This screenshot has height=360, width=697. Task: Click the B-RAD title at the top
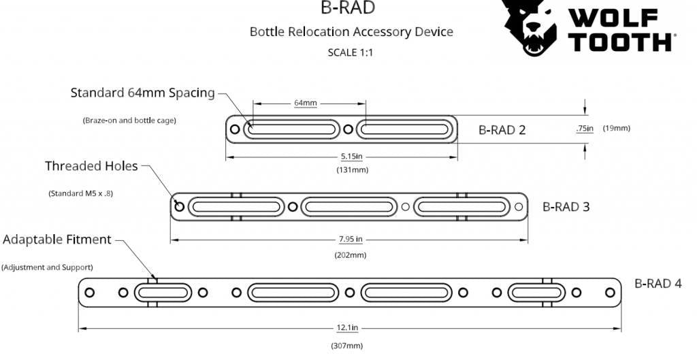(348, 8)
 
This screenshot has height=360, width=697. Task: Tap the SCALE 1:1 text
(351, 52)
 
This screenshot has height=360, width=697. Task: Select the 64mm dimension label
(305, 103)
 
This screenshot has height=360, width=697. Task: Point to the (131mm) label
(352, 169)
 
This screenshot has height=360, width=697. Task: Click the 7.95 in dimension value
(350, 240)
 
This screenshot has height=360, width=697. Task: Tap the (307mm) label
(347, 346)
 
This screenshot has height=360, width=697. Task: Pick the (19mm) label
(617, 128)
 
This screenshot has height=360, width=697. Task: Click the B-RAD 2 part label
(502, 130)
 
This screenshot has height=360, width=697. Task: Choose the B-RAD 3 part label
(566, 206)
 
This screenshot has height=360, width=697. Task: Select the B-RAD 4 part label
(658, 283)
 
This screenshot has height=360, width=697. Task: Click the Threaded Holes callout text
(91, 166)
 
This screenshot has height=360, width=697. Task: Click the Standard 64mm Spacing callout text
(142, 93)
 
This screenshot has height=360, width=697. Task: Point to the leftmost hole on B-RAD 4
(89, 293)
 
